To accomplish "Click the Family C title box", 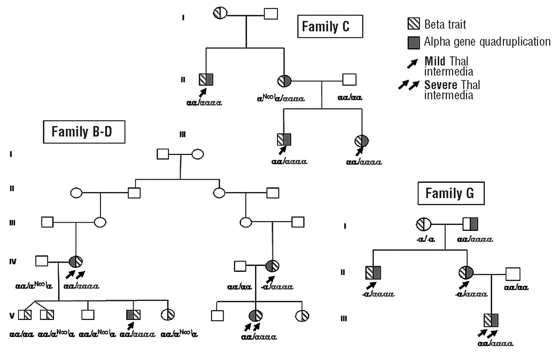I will [331, 27].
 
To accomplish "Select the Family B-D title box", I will [84, 131].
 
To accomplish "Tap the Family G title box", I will [451, 193].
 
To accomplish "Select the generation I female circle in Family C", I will [220, 13].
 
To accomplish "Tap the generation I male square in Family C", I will [271, 13].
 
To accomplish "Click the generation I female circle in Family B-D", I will [197, 154].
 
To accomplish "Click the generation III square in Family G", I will [491, 320].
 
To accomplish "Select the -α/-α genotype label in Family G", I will [424, 239].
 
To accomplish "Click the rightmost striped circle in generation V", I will [302, 315].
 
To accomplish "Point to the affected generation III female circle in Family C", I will [362, 141].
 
